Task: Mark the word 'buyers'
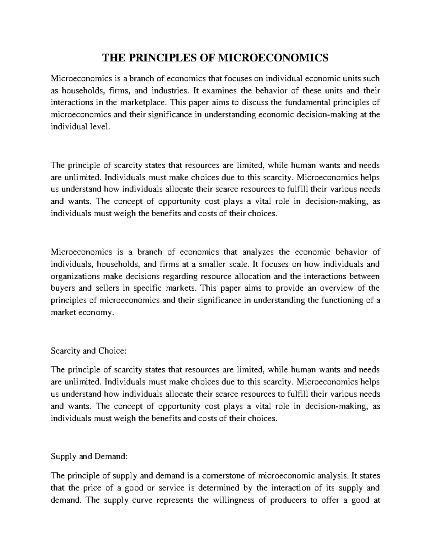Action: pyautogui.click(x=62, y=288)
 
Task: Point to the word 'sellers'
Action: pyautogui.click(x=111, y=288)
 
